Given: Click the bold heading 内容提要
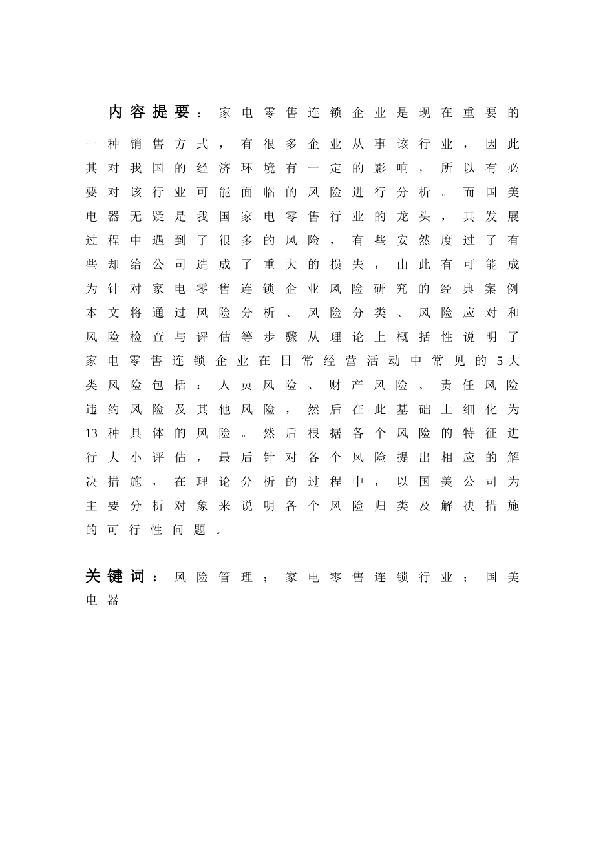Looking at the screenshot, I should point(149,112).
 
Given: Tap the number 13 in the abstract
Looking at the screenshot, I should point(91,433).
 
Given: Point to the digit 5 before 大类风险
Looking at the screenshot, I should point(500,361).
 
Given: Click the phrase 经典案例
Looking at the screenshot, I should point(479,289).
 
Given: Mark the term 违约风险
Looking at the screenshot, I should point(125,409).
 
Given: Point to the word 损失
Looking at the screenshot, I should point(346,265).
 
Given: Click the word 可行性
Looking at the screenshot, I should point(136,530).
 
